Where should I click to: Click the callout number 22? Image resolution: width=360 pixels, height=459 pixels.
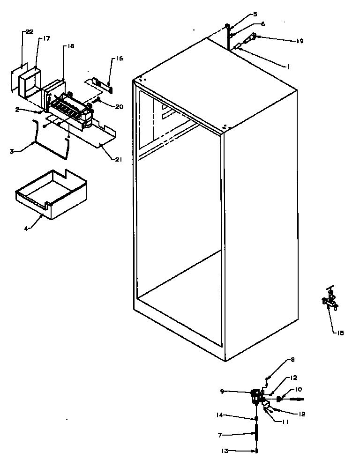pos(29,32)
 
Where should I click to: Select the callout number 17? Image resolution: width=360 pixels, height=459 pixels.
pos(46,39)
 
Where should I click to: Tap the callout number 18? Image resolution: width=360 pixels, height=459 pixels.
pos(71,46)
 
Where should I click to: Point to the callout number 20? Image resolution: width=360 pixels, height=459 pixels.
pos(119,106)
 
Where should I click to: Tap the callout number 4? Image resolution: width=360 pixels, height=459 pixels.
pos(27,229)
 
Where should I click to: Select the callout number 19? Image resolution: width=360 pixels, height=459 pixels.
pos(300,41)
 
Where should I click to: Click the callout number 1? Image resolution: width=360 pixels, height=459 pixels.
pos(289,67)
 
